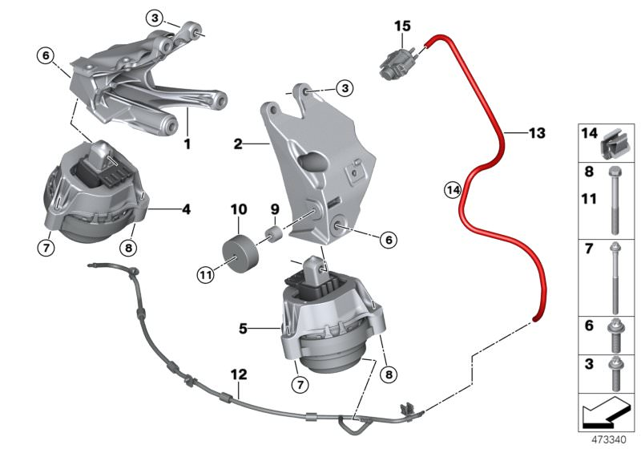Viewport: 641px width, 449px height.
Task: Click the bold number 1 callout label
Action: (x=187, y=145)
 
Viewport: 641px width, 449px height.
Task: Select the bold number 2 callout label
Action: (x=237, y=144)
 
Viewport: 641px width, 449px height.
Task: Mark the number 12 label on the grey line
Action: (x=239, y=374)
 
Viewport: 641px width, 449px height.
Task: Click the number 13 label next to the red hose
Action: (x=536, y=131)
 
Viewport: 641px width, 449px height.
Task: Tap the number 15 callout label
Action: (x=402, y=27)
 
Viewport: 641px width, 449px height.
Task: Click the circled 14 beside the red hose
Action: (x=453, y=190)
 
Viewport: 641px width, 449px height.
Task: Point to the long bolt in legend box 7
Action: (x=613, y=277)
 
